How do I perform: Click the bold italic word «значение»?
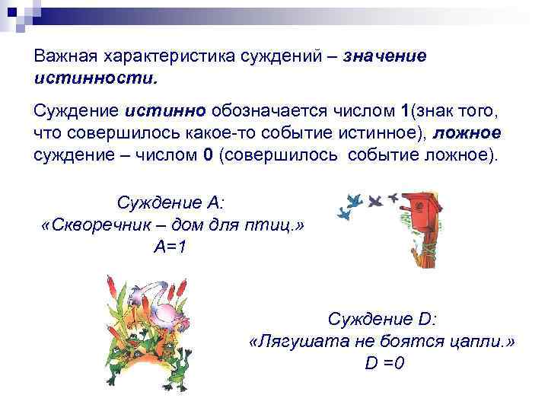click(x=385, y=56)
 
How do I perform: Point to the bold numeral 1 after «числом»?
click(x=404, y=113)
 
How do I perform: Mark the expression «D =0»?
click(x=384, y=362)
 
